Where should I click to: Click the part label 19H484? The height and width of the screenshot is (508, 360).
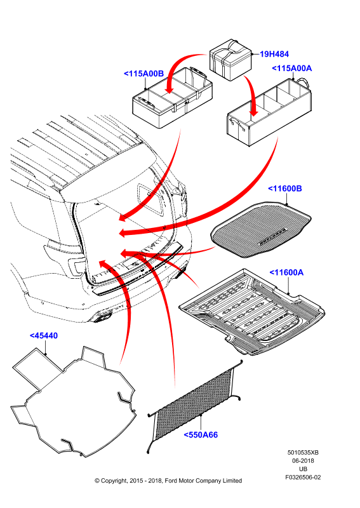[274, 54]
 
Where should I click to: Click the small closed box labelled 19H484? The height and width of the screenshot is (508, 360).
[230, 60]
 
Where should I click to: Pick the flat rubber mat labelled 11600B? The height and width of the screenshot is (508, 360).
[261, 229]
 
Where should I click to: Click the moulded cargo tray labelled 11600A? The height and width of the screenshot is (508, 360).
[252, 312]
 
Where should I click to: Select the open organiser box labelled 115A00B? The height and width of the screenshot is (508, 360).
[173, 98]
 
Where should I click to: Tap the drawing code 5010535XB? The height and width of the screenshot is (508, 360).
[303, 453]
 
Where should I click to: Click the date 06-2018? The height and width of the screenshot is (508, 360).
[303, 461]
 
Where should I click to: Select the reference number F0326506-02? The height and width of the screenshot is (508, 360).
[303, 478]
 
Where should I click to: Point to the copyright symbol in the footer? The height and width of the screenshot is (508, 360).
[97, 481]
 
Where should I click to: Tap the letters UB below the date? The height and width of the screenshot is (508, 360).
[303, 469]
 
